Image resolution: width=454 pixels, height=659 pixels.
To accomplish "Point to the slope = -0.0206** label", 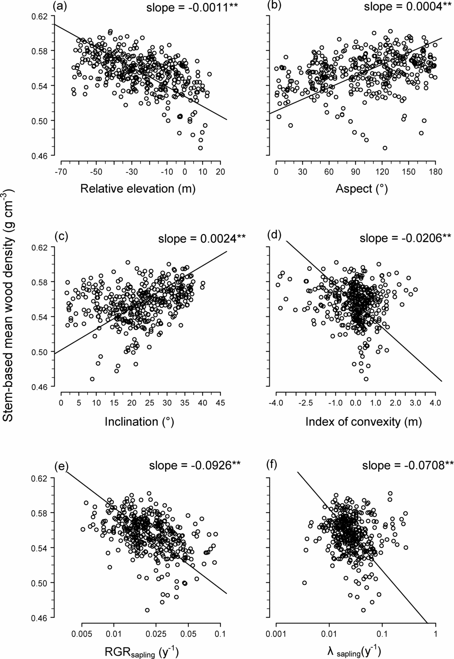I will (405, 238).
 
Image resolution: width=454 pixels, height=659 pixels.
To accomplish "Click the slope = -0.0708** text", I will (408, 465).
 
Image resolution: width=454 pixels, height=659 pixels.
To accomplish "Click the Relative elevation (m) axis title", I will (137, 189).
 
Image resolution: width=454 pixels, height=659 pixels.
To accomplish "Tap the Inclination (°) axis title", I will (139, 422).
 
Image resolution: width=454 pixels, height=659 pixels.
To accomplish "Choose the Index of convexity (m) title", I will (364, 422).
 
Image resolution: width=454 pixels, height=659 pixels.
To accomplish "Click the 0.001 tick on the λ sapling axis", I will (276, 634).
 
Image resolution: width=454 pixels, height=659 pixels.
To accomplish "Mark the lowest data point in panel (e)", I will (147, 610).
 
